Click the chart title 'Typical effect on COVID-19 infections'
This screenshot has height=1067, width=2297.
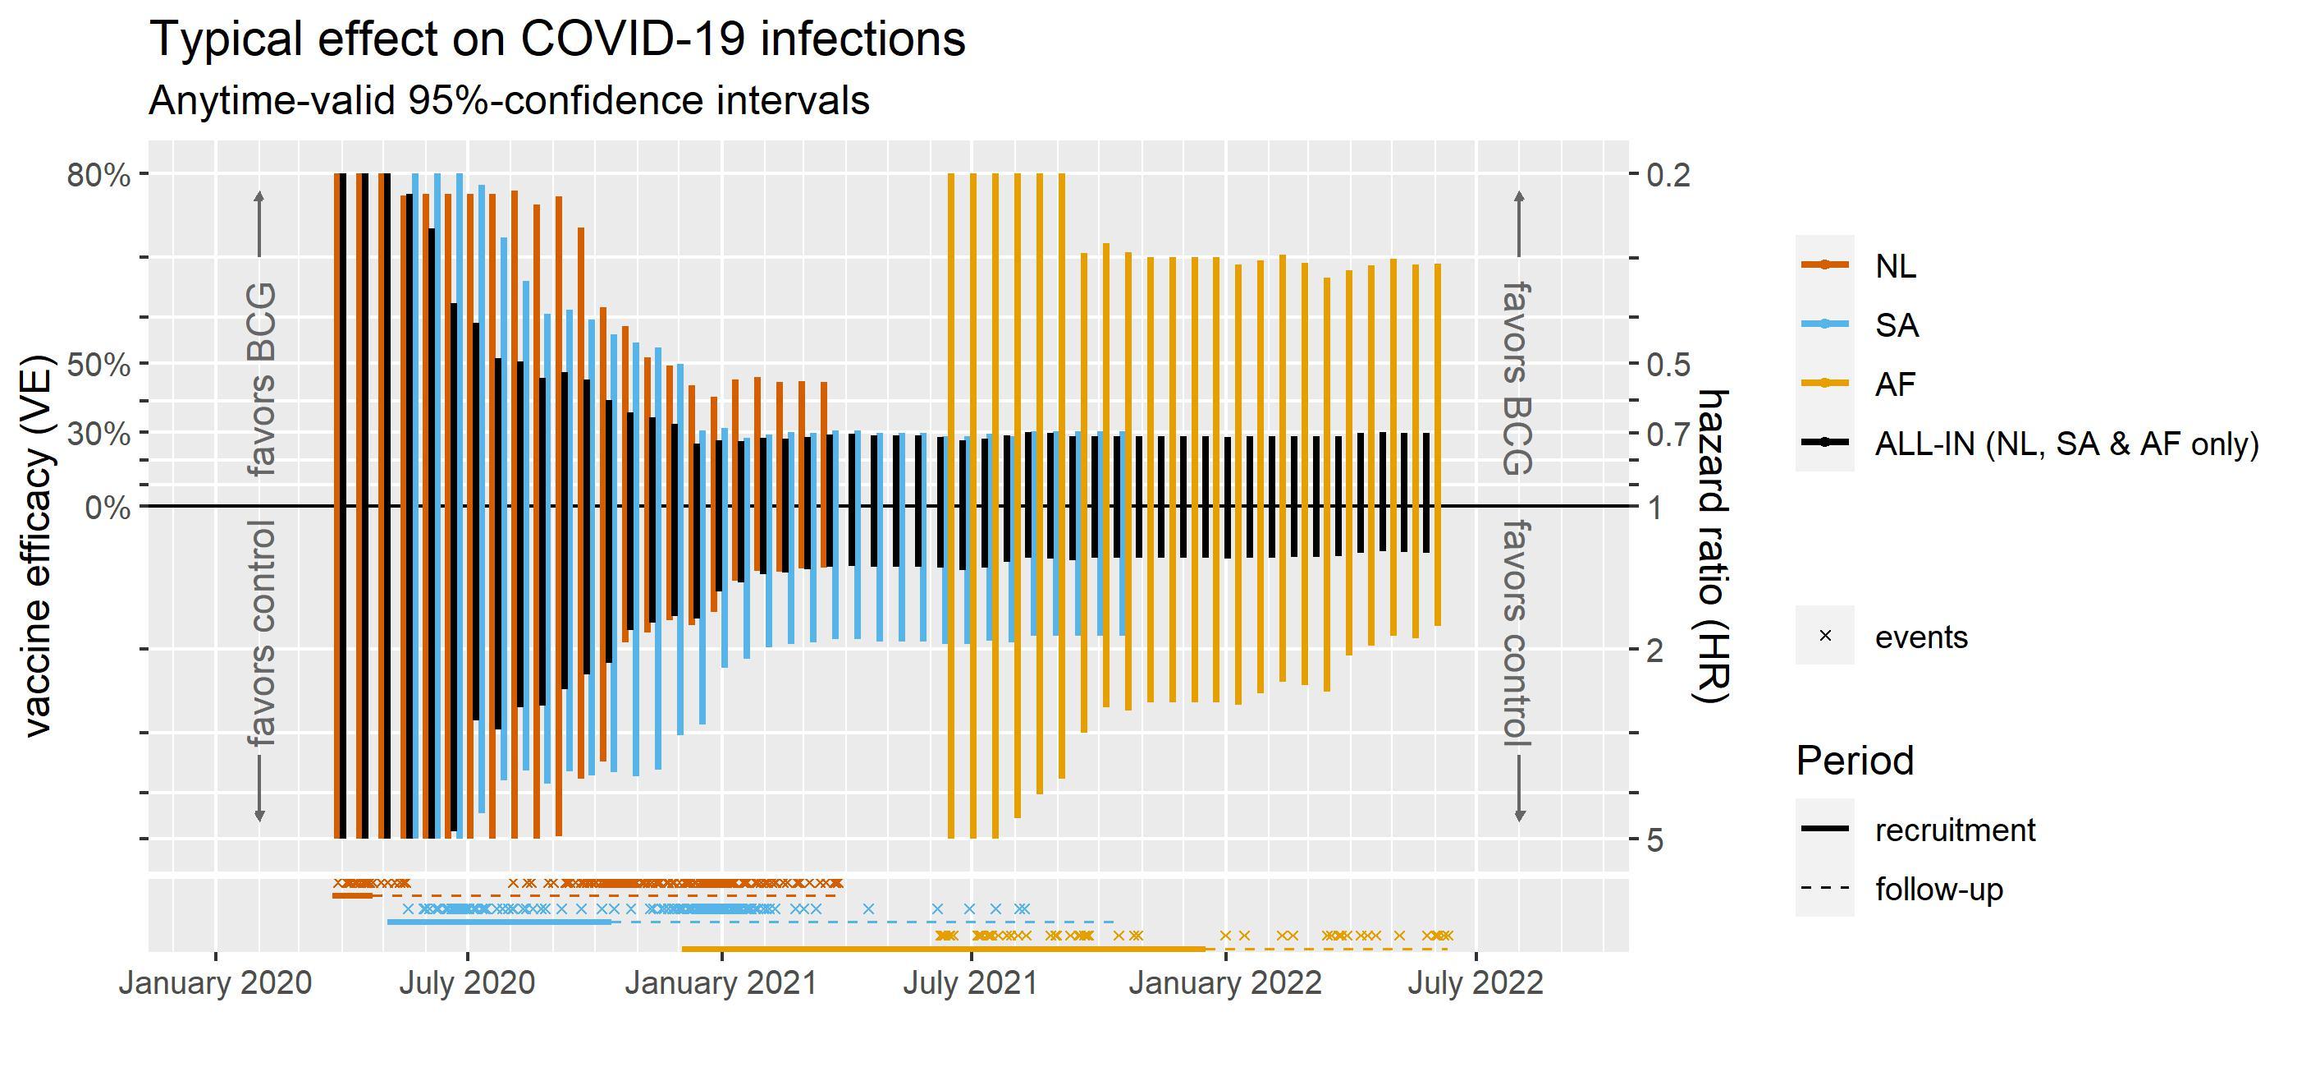[557, 39]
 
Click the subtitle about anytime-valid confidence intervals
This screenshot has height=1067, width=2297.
[508, 100]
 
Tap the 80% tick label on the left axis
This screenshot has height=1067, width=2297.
[98, 175]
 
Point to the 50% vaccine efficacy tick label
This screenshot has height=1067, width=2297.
[98, 365]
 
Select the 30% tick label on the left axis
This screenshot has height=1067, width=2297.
[98, 435]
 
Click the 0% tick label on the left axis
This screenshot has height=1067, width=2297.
[107, 508]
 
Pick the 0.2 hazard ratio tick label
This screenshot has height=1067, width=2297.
[1668, 175]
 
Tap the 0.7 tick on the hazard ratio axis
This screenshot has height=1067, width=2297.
[1668, 435]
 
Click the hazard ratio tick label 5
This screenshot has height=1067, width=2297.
[1655, 839]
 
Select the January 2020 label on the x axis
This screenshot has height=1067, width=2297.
[215, 983]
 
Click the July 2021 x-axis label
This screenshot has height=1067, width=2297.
[970, 983]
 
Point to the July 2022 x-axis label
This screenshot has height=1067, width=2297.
[1475, 983]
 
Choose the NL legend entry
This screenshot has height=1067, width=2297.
[1896, 265]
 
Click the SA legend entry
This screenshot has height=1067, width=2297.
[1897, 324]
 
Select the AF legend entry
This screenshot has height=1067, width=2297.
[1896, 384]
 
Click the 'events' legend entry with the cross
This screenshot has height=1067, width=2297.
[1920, 636]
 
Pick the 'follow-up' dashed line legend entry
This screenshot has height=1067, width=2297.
[1938, 889]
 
